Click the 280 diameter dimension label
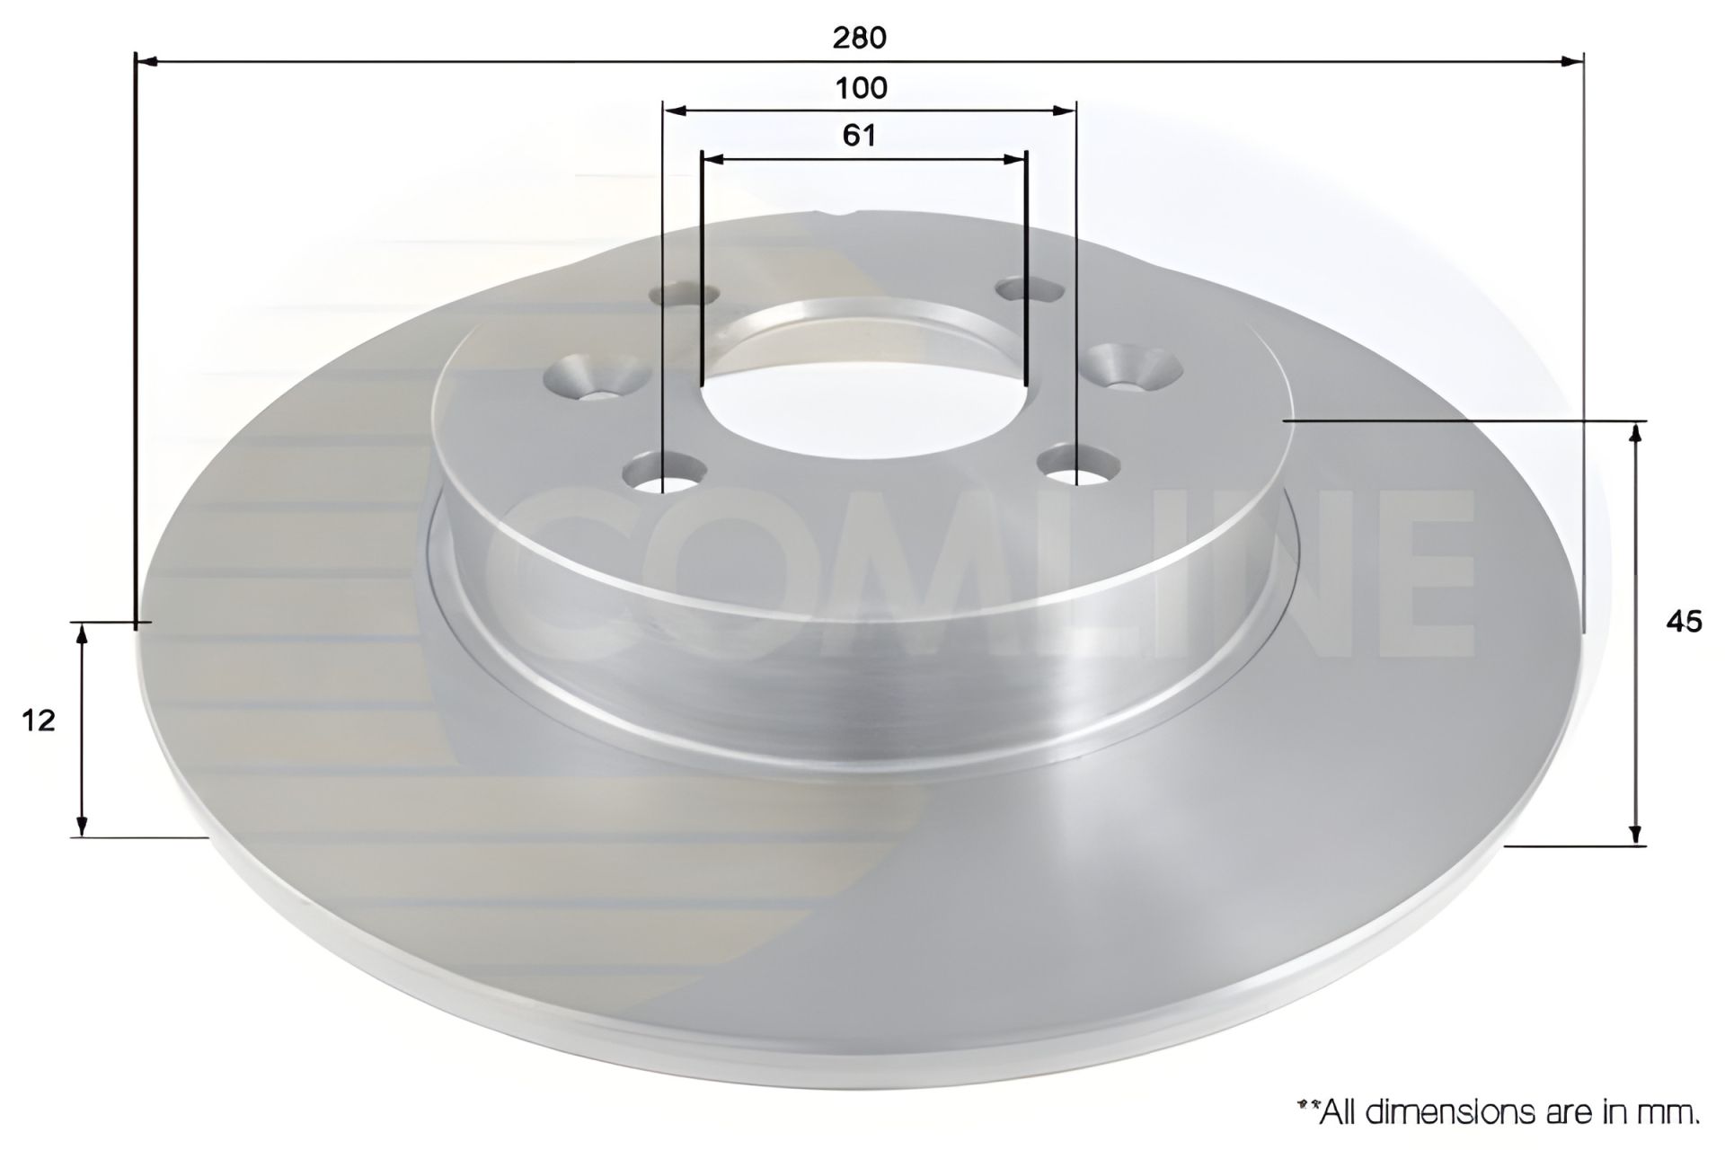pyautogui.click(x=859, y=38)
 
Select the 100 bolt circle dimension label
pyautogui.click(x=861, y=88)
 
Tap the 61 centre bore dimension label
pyautogui.click(x=859, y=135)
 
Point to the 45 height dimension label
pyautogui.click(x=1683, y=622)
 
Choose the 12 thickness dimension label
pyautogui.click(x=40, y=720)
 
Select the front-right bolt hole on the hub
pyautogui.click(x=1076, y=465)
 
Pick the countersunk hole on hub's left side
pyautogui.click(x=597, y=377)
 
